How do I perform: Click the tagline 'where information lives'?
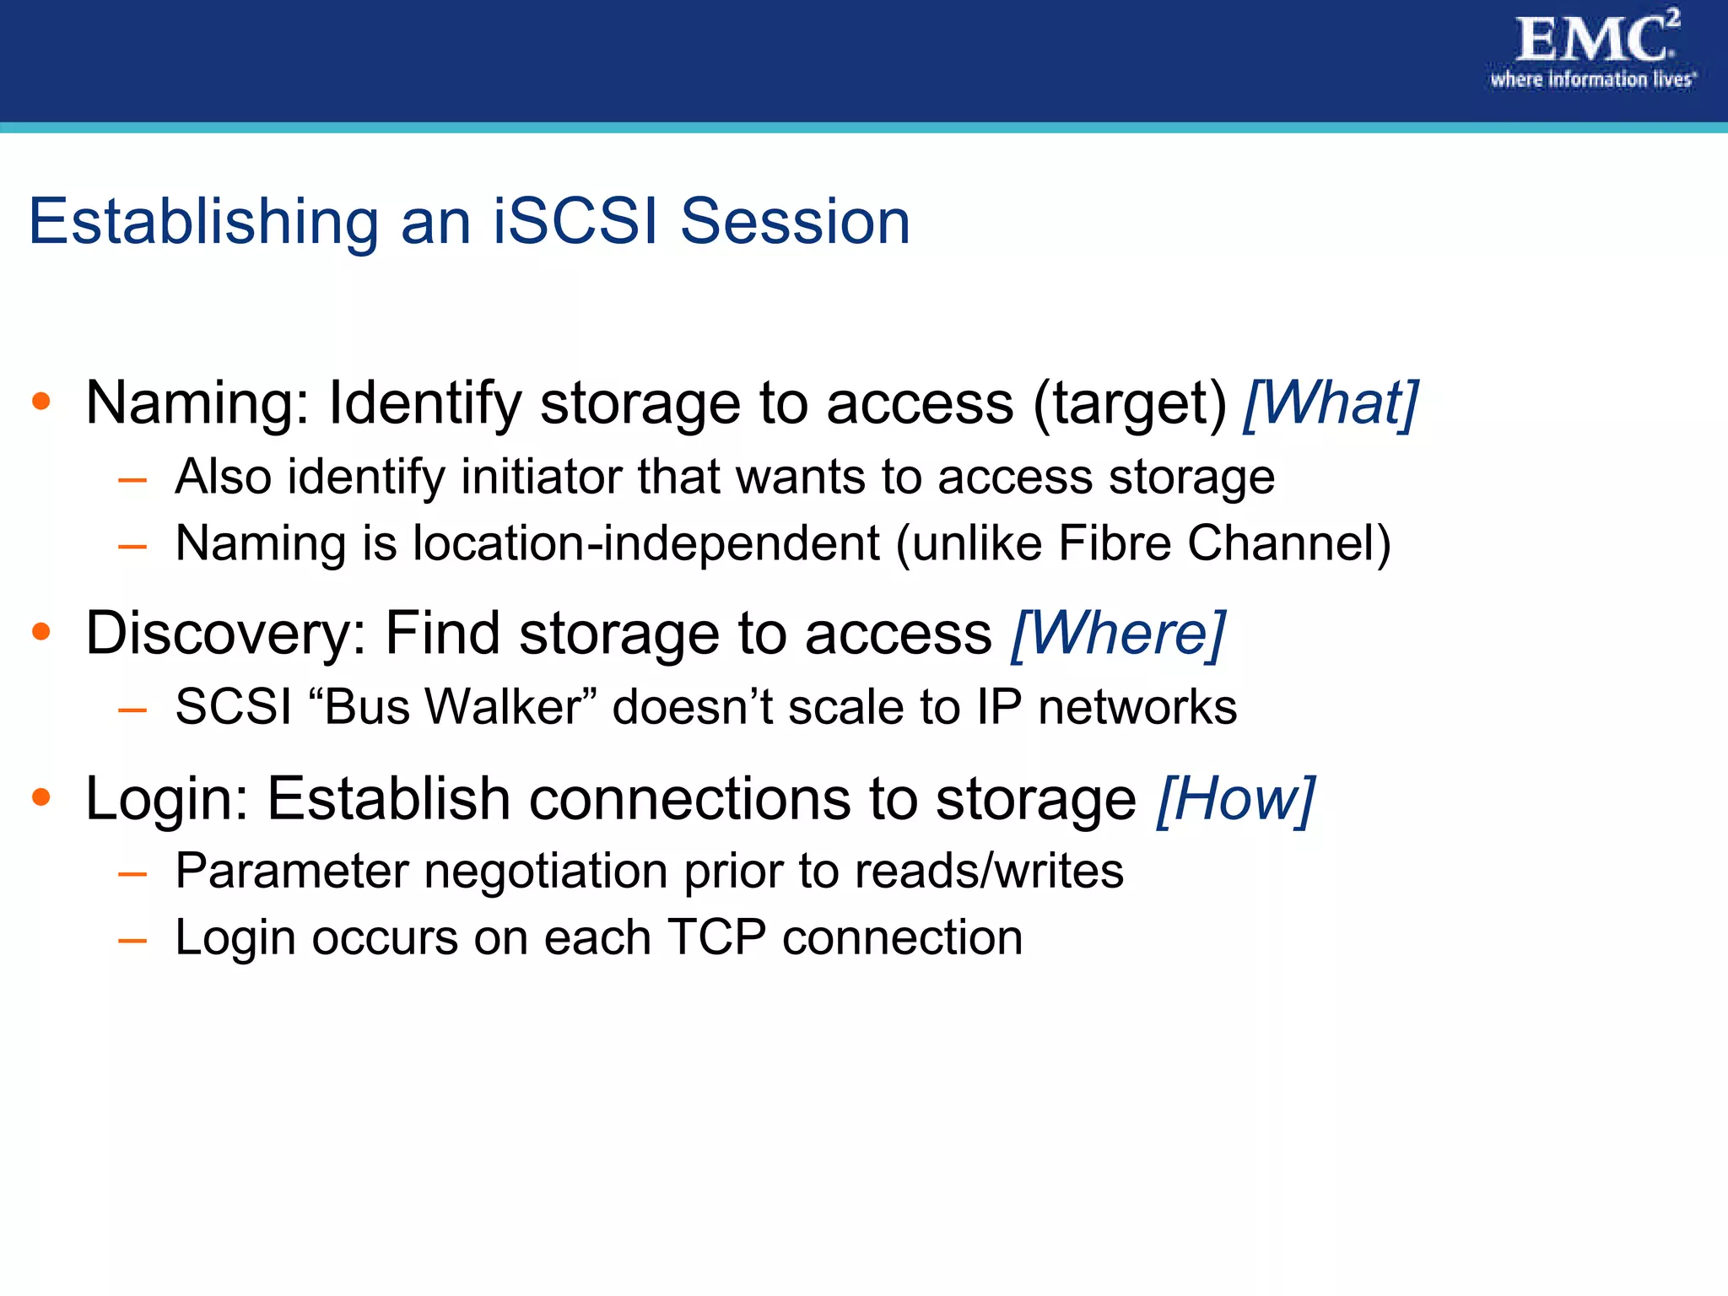click(x=1592, y=79)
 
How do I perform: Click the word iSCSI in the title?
click(x=575, y=221)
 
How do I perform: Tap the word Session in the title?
click(x=795, y=221)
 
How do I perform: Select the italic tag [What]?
click(x=1331, y=403)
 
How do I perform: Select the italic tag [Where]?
click(x=1118, y=633)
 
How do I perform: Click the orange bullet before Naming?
click(x=41, y=402)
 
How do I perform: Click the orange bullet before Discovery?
click(x=41, y=631)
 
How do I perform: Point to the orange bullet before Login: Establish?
click(x=41, y=796)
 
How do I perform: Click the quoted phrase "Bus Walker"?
click(x=452, y=706)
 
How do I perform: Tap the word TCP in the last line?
click(x=716, y=937)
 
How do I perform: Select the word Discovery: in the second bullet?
click(x=226, y=634)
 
